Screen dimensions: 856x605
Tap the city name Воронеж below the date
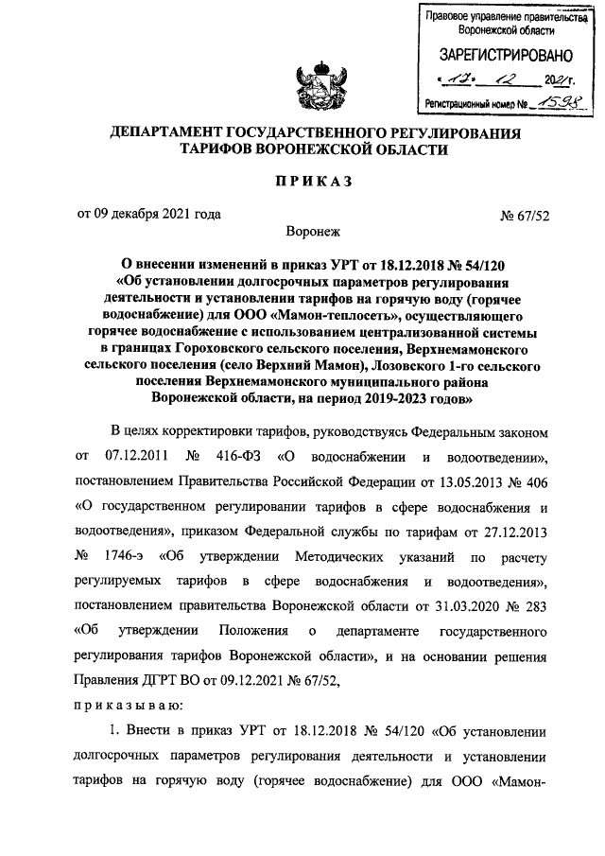(311, 231)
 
